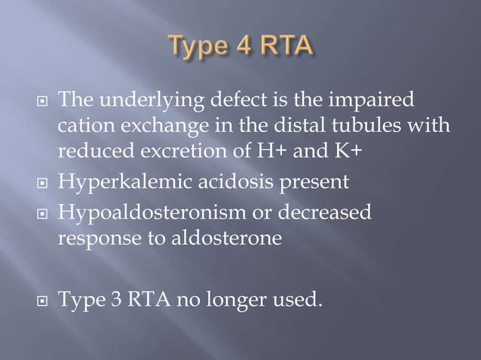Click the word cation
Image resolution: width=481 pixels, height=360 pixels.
[x=82, y=125]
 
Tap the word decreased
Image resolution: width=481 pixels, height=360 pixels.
[x=328, y=213]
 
